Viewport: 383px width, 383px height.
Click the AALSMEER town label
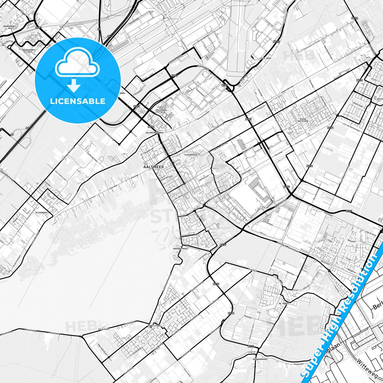pyautogui.click(x=153, y=167)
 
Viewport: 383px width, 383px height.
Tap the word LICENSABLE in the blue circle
pyautogui.click(x=78, y=101)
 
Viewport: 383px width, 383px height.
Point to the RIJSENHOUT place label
pyautogui.click(x=41, y=213)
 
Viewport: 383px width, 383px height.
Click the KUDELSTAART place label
pyautogui.click(x=155, y=325)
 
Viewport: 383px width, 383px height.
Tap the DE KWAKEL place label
pyautogui.click(x=284, y=304)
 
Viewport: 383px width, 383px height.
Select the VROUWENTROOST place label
pyautogui.click(x=181, y=249)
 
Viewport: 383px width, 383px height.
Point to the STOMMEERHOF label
pyautogui.click(x=191, y=155)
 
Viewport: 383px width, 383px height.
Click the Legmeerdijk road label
pyautogui.click(x=281, y=201)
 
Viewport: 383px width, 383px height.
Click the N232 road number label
pyautogui.click(x=276, y=42)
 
